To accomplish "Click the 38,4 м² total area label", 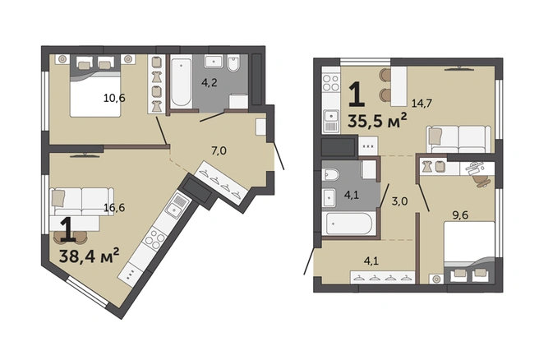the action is pos(90,255).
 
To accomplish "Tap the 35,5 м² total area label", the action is pos(377,120).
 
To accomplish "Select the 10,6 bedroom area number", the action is pos(114,99).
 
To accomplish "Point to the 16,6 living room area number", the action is pos(114,207).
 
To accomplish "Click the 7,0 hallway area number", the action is pos(219,150).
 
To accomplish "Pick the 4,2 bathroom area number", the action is pos(210,83).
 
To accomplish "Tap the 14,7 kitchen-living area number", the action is pos(422,103).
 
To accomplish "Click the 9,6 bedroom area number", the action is pos(460,215).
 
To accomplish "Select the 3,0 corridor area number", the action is pos(400,201).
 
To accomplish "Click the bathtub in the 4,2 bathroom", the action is pos(181,82).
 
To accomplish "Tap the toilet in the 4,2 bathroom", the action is pos(233,64).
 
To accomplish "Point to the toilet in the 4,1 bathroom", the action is pos(330,174).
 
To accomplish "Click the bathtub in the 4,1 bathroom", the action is pos(348,224).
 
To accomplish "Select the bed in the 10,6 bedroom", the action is pos(95,85).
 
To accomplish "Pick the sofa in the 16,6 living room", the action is pos(82,201).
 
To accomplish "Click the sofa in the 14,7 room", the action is pos(458,139).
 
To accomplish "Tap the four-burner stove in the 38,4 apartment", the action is pos(154,238).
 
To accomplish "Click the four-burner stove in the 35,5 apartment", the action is pos(331,83).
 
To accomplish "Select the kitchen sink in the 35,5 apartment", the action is pos(331,116).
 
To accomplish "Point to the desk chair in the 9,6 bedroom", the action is pos(481,181).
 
